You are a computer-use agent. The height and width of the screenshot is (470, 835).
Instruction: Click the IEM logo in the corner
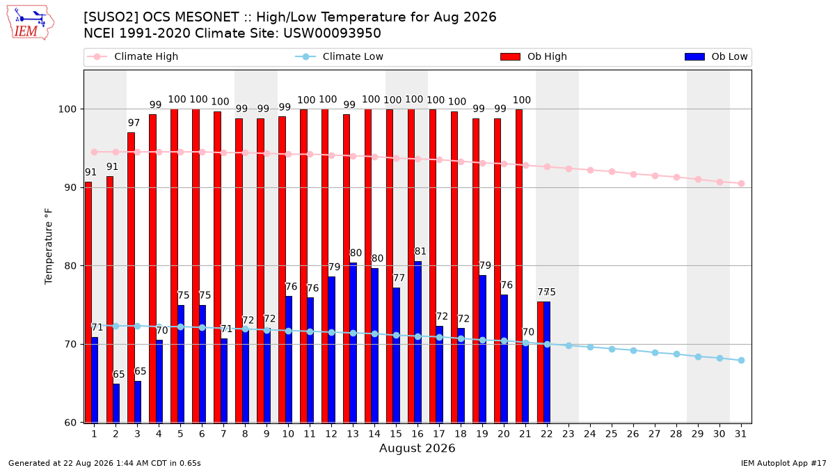pyautogui.click(x=30, y=23)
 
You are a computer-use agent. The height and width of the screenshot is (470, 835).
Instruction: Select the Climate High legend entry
pyautogui.click(x=132, y=56)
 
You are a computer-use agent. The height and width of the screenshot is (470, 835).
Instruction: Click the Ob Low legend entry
pyautogui.click(x=716, y=56)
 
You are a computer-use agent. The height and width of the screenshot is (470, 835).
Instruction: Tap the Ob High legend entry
pyautogui.click(x=534, y=56)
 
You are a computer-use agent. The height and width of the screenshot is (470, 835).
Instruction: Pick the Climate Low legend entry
pyautogui.click(x=340, y=56)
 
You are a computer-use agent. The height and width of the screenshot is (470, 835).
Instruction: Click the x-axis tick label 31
pyautogui.click(x=740, y=434)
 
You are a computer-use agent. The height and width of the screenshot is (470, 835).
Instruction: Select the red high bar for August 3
pyautogui.click(x=131, y=278)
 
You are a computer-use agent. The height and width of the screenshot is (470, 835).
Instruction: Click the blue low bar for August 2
pyautogui.click(x=116, y=403)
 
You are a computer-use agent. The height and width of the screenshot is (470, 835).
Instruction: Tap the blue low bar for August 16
pyautogui.click(x=418, y=342)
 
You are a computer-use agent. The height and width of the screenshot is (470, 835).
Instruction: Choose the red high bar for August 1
pyautogui.click(x=88, y=302)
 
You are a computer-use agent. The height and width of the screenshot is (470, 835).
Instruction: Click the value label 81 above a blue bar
pyautogui.click(x=420, y=251)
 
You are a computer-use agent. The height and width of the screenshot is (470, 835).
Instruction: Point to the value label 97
pyautogui.click(x=134, y=123)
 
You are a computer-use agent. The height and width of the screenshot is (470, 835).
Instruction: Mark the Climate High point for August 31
pyautogui.click(x=741, y=184)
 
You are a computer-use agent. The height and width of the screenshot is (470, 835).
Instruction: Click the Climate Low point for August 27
pyautogui.click(x=655, y=352)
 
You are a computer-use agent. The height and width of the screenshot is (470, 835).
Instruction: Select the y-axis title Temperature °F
pyautogui.click(x=49, y=246)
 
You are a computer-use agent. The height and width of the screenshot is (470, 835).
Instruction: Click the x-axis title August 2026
pyautogui.click(x=417, y=448)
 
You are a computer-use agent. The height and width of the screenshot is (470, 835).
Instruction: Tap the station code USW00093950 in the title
pyautogui.click(x=332, y=33)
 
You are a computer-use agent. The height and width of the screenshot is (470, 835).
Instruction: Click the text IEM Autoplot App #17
pyautogui.click(x=784, y=463)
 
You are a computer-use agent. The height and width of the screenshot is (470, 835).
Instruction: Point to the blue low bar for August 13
pyautogui.click(x=353, y=343)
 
